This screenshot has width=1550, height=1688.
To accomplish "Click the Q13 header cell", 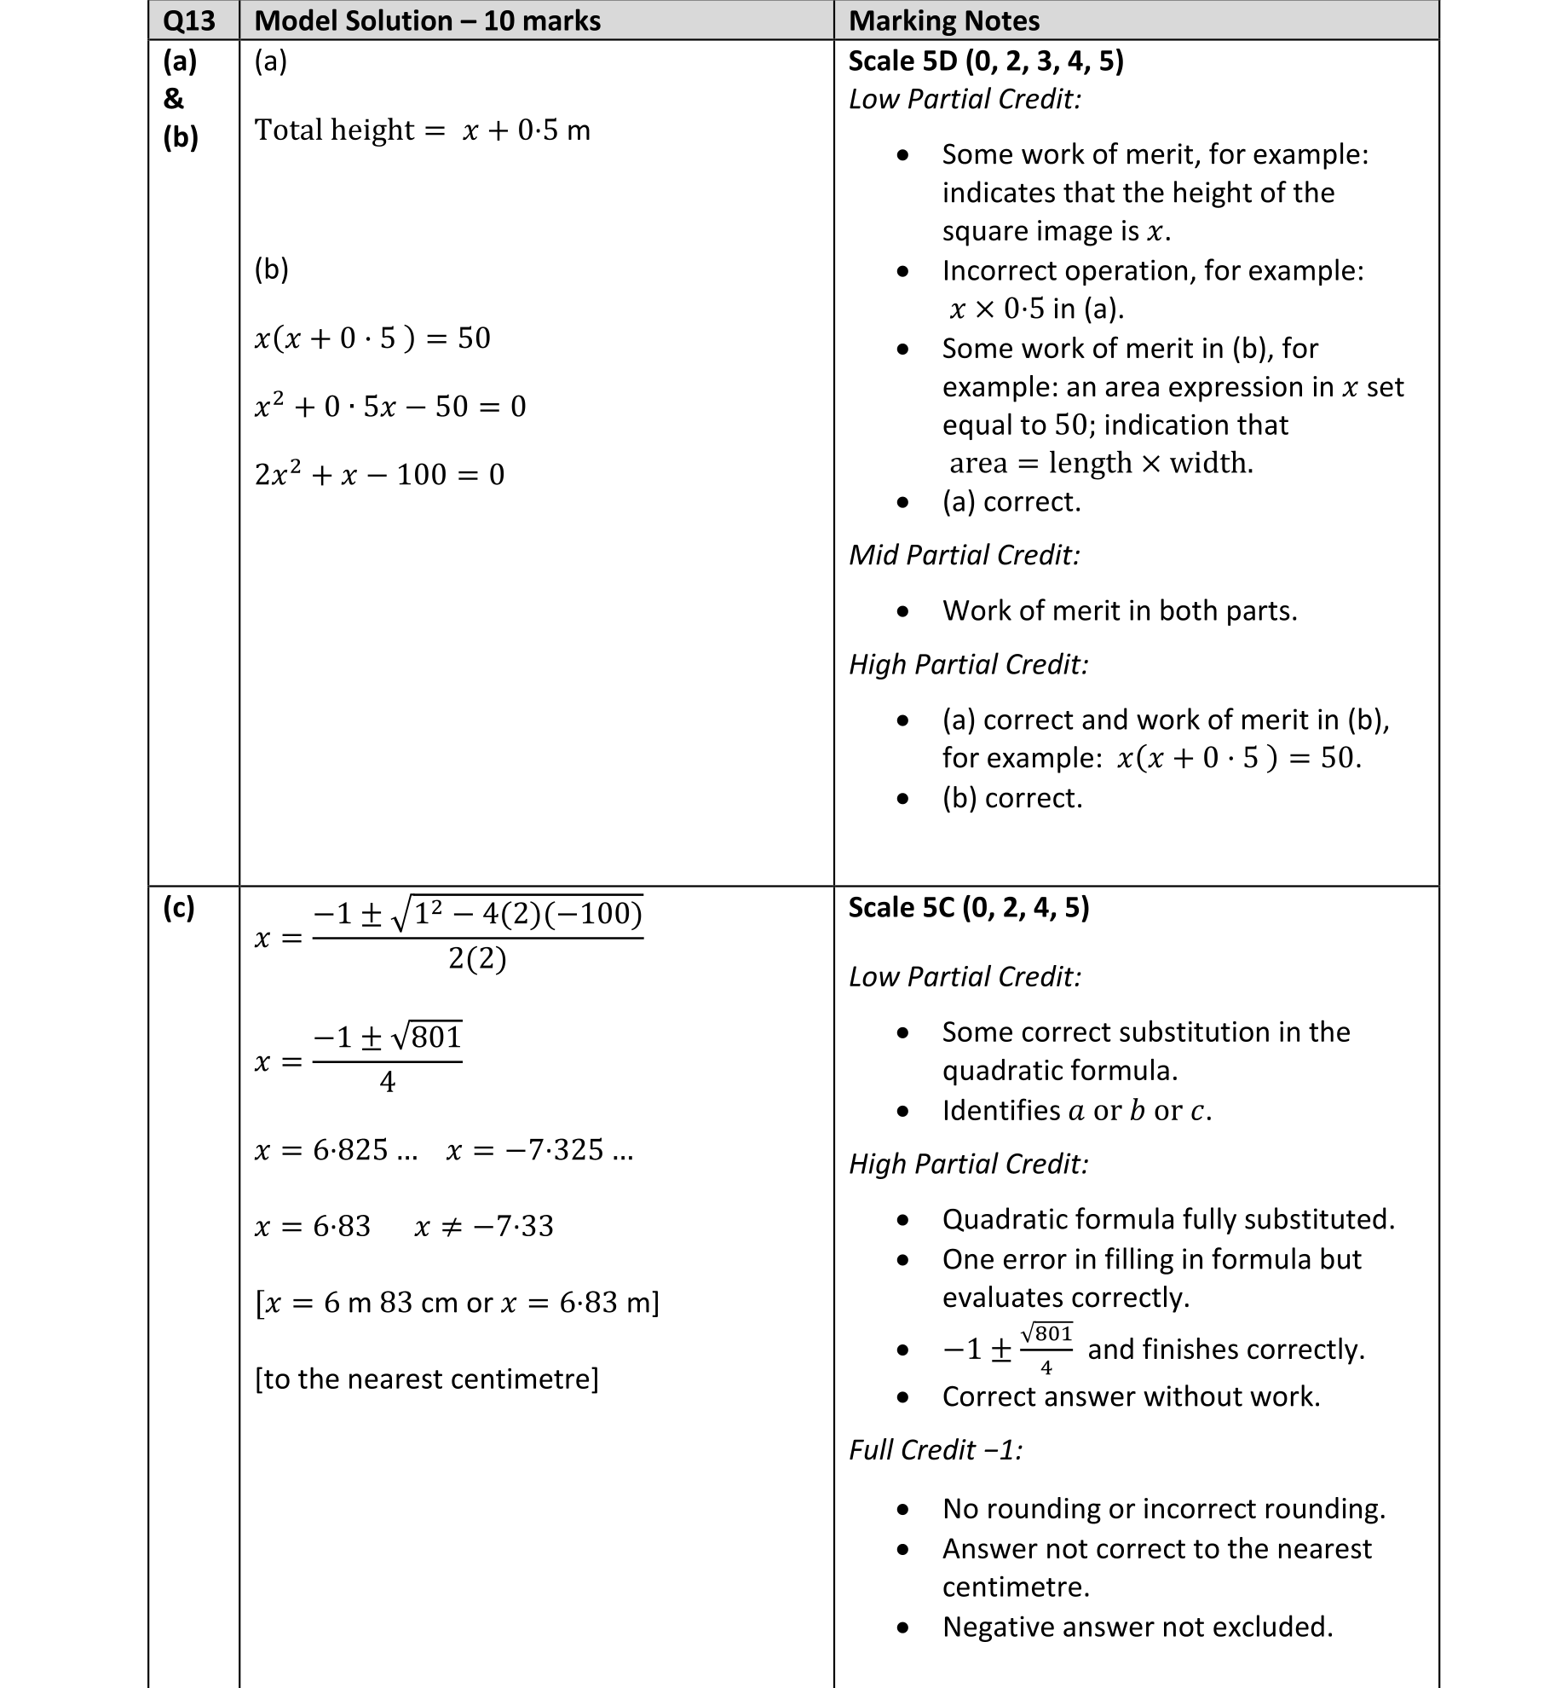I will point(188,20).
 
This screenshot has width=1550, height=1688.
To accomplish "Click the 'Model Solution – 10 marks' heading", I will point(427,20).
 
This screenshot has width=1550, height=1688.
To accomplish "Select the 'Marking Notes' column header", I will point(944,20).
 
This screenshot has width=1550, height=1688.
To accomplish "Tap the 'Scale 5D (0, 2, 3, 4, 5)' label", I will point(986,61).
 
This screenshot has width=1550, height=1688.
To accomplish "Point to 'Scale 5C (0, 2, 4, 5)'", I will point(969,907).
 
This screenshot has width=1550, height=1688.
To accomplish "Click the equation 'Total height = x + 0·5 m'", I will point(422,130).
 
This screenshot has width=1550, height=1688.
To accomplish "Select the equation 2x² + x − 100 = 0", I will point(379,474).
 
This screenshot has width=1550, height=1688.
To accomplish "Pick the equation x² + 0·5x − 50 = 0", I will point(390,406).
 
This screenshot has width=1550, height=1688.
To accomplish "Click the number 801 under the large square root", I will point(437,1038).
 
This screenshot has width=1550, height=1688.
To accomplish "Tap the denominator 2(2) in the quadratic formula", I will point(477,959).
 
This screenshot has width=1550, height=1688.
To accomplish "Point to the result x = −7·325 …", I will point(539,1150).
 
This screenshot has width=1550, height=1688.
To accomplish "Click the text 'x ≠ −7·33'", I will point(483,1226).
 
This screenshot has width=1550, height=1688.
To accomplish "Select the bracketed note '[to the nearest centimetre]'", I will point(426,1379).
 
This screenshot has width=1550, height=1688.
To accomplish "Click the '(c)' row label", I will point(178,908).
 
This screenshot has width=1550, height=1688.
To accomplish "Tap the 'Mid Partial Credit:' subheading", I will point(964,555).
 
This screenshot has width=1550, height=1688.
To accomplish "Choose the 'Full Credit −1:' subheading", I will point(935,1449).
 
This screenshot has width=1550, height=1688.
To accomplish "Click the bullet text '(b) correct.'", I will point(1011,798).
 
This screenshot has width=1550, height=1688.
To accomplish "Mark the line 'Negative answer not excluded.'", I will point(1137,1627).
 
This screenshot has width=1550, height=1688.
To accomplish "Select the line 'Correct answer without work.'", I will point(1131,1396).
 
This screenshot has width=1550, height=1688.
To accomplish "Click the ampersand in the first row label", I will point(173,99).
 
